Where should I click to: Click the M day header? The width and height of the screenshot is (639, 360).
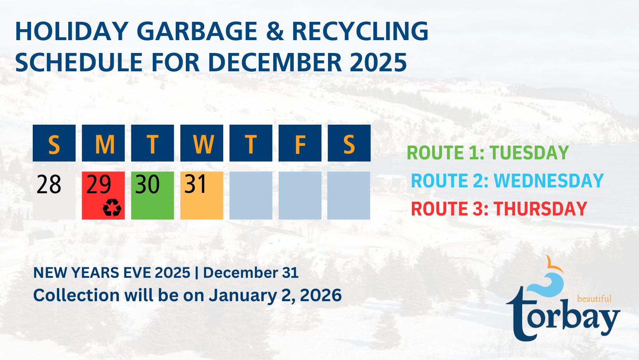coord(103,143)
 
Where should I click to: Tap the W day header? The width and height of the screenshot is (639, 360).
coord(202,143)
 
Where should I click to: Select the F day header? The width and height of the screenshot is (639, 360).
coord(300,143)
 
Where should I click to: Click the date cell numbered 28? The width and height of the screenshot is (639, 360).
coord(54,196)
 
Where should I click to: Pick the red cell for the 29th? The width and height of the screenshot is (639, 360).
coord(103,196)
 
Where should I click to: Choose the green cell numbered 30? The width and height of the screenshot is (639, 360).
coord(152,196)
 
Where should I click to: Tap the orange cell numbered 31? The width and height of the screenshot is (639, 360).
coord(202,196)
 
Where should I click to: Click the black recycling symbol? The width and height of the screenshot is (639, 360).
coord(112,208)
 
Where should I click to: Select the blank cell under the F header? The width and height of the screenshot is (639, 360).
coord(300,196)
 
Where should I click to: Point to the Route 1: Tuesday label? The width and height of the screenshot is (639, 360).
coord(488,153)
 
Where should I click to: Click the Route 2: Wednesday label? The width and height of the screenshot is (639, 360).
coord(507,180)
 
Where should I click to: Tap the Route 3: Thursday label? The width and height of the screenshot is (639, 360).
coord(499,208)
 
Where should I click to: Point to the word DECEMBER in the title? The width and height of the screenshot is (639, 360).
coord(275,62)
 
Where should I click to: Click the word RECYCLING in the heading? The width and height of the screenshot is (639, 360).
coord(360,31)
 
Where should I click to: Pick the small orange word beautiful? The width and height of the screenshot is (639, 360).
coord(594,298)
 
